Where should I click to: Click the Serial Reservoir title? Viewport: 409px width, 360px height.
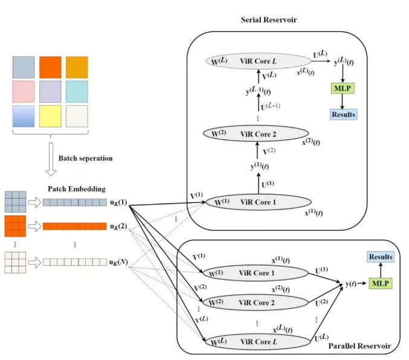tap(269, 20)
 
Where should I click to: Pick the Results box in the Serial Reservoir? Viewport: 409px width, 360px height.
tap(343, 114)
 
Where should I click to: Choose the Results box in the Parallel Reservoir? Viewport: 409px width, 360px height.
tap(381, 257)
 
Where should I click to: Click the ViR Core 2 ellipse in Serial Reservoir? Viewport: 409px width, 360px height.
tap(257, 134)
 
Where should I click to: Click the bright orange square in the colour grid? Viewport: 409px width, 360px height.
tap(50, 66)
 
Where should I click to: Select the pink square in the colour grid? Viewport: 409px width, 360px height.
tap(23, 92)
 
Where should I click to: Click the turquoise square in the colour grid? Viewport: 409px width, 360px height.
tap(77, 92)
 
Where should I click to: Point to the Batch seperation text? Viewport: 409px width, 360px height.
tap(85, 159)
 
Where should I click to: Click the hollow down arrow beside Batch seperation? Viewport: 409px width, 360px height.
tap(51, 161)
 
